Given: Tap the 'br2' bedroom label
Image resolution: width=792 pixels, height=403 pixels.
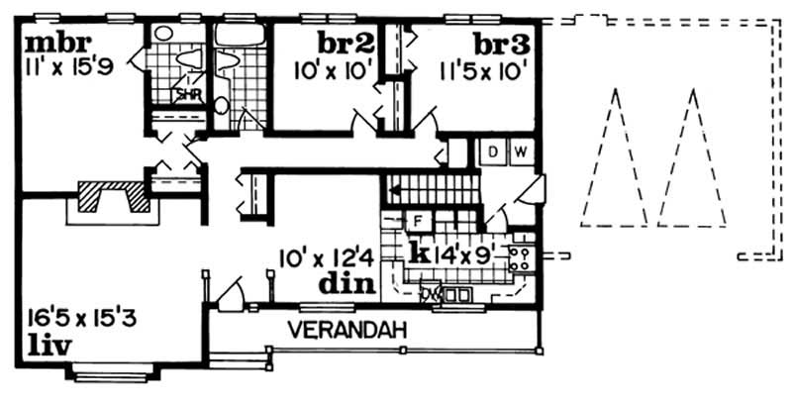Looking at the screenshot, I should click(345, 45).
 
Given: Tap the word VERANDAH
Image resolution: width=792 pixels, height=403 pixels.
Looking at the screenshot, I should click(348, 330).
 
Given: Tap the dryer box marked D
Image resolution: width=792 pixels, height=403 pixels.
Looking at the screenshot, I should click(493, 151).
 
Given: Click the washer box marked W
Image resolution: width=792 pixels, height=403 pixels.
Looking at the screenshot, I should click(520, 151).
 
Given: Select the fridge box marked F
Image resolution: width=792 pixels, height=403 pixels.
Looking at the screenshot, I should click(418, 220).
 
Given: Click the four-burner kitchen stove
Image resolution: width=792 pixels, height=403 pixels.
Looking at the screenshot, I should click(519, 259).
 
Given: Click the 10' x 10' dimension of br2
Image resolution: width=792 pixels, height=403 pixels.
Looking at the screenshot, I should click(332, 70).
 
